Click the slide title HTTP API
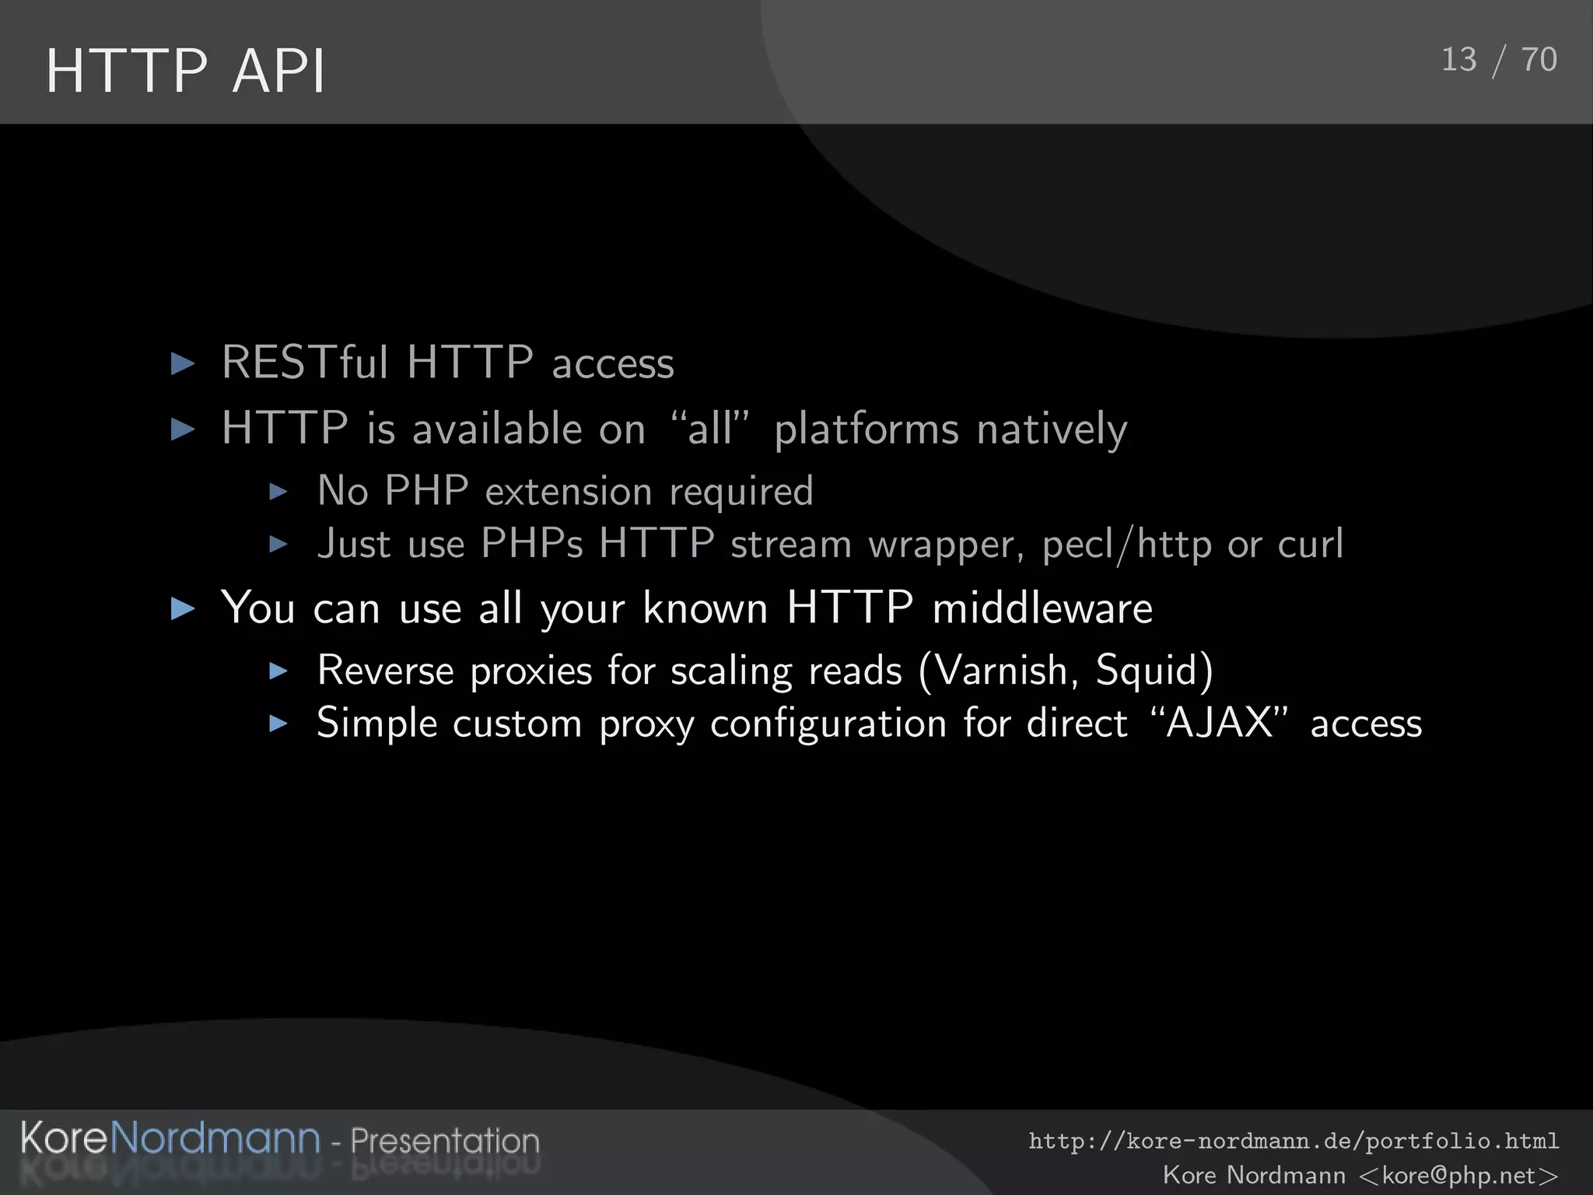pyautogui.click(x=185, y=72)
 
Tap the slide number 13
pyautogui.click(x=1458, y=60)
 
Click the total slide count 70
pyautogui.click(x=1539, y=60)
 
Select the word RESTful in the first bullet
pyautogui.click(x=304, y=363)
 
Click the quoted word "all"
pyautogui.click(x=709, y=429)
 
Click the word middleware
pyautogui.click(x=1042, y=608)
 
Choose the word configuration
pyautogui.click(x=828, y=724)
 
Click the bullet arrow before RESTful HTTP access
pyautogui.click(x=183, y=363)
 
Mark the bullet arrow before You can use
pyautogui.click(x=183, y=608)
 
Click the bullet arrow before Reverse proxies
pyautogui.click(x=278, y=671)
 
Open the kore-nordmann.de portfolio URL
pyautogui.click(x=1294, y=1141)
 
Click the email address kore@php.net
pyautogui.click(x=1458, y=1175)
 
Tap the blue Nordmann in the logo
pyautogui.click(x=215, y=1139)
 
